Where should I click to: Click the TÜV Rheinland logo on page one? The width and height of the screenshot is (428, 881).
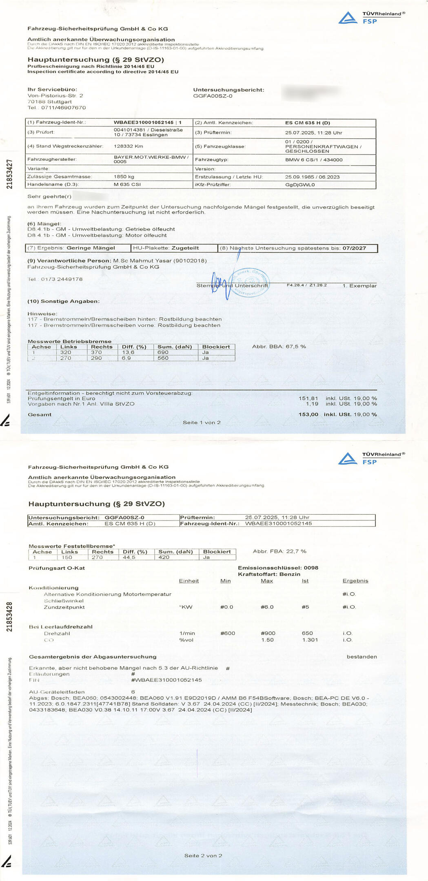tap(371, 18)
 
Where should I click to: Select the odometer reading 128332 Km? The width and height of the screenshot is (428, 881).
tap(128, 146)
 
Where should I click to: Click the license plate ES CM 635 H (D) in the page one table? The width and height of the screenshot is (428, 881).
tap(307, 123)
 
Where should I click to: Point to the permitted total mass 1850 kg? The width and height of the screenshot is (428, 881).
tap(124, 177)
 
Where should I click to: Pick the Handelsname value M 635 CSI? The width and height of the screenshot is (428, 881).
tap(127, 184)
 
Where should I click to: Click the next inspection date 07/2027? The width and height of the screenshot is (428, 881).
tap(354, 248)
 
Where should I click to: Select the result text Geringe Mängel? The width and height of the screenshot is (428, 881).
tap(91, 248)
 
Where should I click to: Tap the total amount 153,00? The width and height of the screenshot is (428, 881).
tap(308, 414)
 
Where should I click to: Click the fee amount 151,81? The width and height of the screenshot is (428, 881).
tap(308, 398)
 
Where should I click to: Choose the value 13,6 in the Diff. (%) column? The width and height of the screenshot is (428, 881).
tap(128, 352)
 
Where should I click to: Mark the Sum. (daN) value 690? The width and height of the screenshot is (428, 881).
tap(163, 352)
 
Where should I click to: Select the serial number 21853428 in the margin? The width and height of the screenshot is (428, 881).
tap(9, 616)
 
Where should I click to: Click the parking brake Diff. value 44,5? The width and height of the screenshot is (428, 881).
tap(129, 557)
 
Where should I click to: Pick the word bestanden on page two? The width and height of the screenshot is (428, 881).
tap(361, 657)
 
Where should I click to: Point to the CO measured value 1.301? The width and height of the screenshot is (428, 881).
tap(310, 640)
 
